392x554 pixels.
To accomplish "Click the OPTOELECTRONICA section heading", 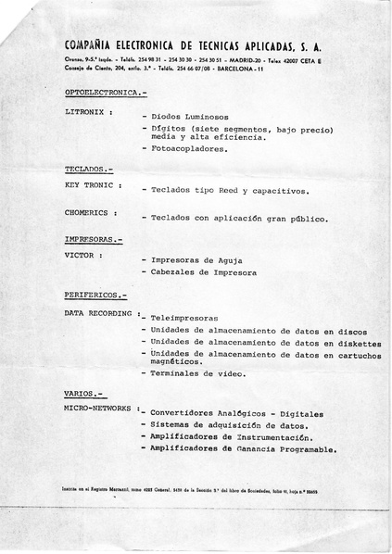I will [x=105, y=94].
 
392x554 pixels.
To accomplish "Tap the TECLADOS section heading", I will [x=89, y=170].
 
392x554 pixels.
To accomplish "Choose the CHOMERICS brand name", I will [x=88, y=211].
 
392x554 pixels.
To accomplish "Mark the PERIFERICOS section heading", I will [x=96, y=296].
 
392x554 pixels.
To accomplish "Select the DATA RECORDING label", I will [x=99, y=313].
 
